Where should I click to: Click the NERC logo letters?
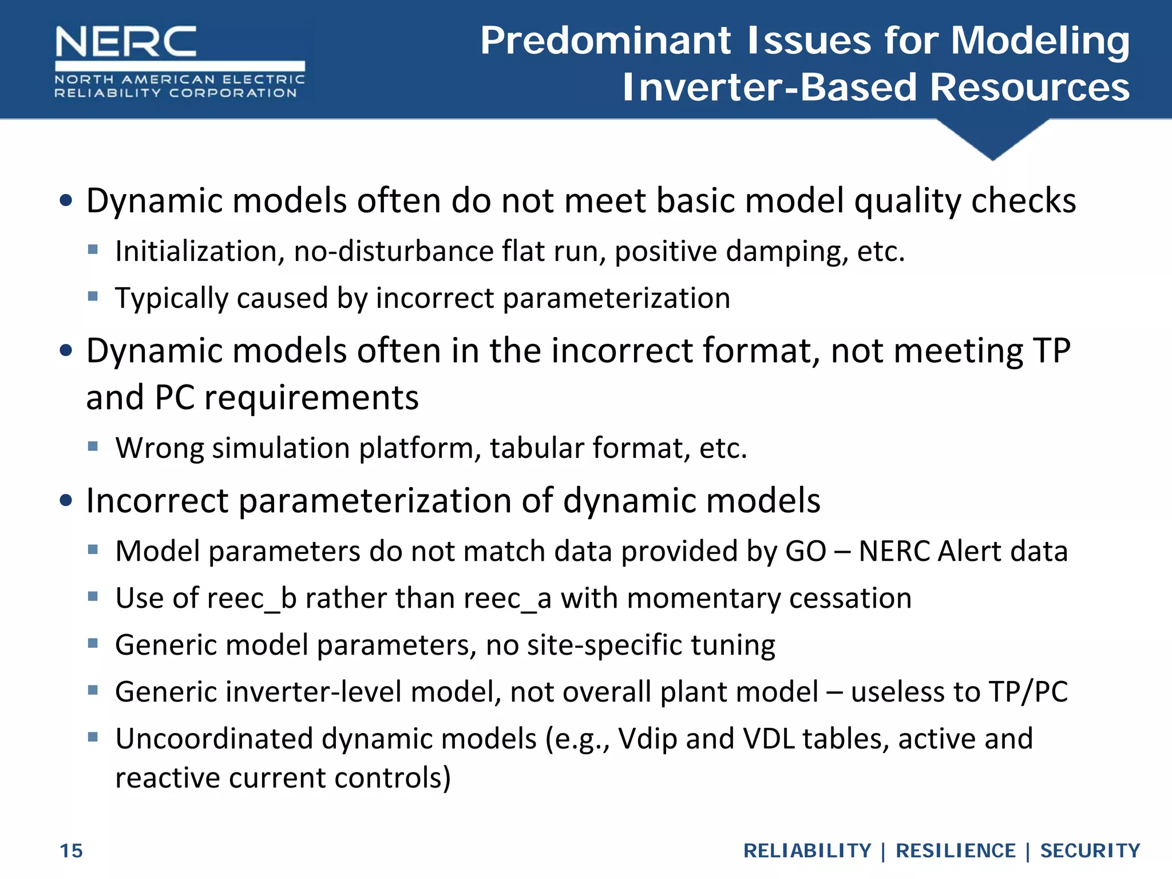point(126,41)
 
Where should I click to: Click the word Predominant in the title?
point(605,41)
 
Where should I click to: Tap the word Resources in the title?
point(1030,88)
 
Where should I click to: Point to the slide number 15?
point(72,851)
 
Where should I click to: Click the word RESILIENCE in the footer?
point(955,851)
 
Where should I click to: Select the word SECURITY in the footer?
point(1090,851)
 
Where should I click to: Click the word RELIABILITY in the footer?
point(807,851)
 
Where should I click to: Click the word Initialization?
point(199,252)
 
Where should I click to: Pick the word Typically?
point(171,299)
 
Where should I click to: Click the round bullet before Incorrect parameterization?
point(66,501)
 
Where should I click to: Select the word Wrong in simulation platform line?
point(160,448)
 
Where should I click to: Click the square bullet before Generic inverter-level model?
point(93,690)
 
